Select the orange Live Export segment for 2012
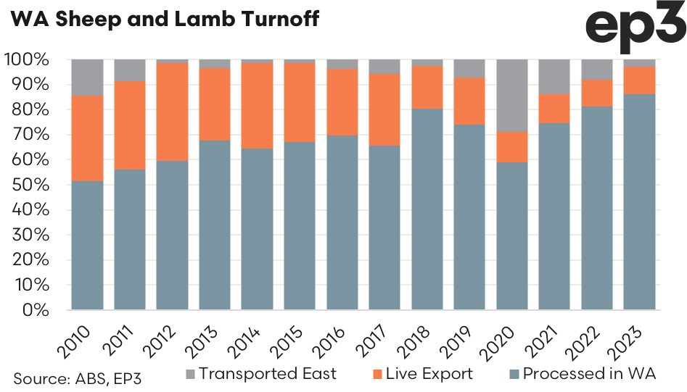(172, 112)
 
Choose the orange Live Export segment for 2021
(554, 108)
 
